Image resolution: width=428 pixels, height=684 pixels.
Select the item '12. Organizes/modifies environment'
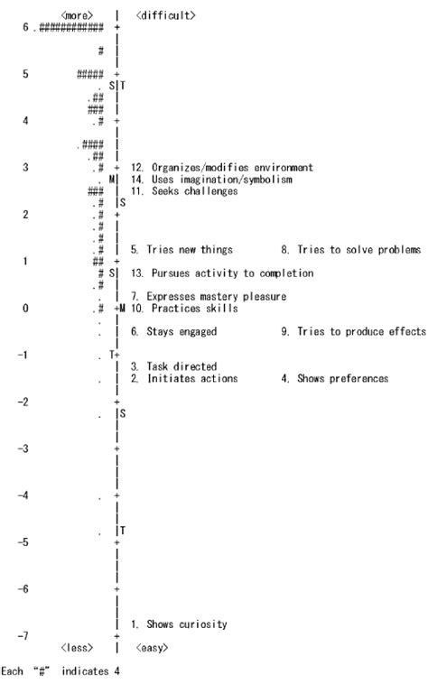coord(221,167)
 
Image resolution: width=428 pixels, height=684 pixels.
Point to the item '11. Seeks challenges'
coord(184,190)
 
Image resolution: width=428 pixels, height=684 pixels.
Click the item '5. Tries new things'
coord(182,249)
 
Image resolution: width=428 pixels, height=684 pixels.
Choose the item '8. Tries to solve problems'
coord(351,249)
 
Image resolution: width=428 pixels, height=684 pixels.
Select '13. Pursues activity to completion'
coord(222,273)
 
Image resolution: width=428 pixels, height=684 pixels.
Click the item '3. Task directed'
coord(173,366)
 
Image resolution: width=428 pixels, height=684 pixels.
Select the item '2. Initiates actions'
coord(184,378)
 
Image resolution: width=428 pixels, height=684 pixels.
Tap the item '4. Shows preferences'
coord(343,378)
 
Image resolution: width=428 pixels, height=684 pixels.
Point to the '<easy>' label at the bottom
coord(152,647)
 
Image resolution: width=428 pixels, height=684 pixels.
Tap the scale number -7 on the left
coord(24,635)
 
